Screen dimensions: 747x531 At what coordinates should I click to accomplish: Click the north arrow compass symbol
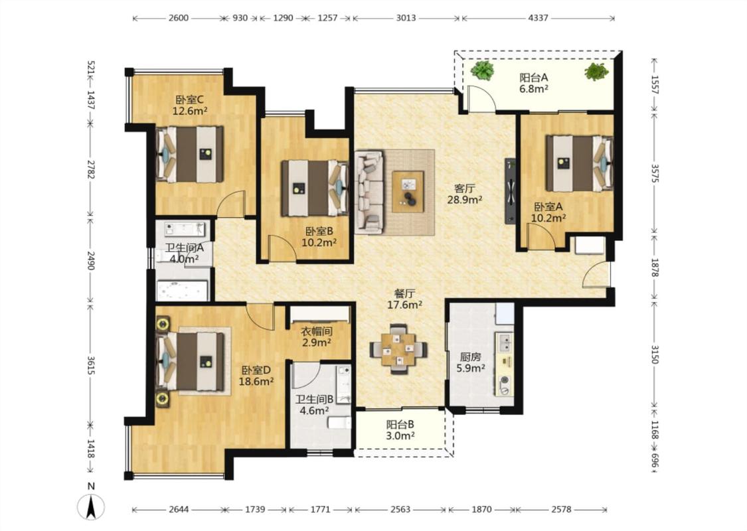tap(91, 506)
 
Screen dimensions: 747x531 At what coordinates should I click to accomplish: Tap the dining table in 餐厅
tap(398, 350)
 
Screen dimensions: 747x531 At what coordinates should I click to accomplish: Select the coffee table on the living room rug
tap(408, 191)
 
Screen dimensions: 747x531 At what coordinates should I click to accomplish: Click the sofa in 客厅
tap(369, 192)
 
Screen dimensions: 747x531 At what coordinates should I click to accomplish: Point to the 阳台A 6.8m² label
tap(534, 82)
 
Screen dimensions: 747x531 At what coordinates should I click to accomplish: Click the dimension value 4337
tap(538, 18)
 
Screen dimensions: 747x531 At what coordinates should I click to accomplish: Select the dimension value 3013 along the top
tap(406, 18)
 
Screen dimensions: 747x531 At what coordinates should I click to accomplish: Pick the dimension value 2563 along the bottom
tap(400, 510)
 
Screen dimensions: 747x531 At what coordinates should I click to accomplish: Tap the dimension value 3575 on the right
tap(655, 173)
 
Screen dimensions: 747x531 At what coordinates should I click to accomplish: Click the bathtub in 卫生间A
tap(183, 291)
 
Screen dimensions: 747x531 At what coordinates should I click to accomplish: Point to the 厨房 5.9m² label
tap(470, 362)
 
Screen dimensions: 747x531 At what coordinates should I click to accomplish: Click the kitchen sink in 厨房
tap(505, 342)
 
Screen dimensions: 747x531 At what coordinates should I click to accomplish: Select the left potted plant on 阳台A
tap(482, 70)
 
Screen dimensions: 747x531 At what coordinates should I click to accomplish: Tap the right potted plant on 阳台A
tap(596, 72)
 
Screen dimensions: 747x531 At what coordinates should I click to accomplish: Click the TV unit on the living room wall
tap(510, 190)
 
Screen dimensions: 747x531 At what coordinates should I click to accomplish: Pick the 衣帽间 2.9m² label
tap(317, 337)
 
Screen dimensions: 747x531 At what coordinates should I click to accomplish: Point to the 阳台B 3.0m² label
tap(400, 429)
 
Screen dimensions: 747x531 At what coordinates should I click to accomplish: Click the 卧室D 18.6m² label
tap(256, 375)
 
